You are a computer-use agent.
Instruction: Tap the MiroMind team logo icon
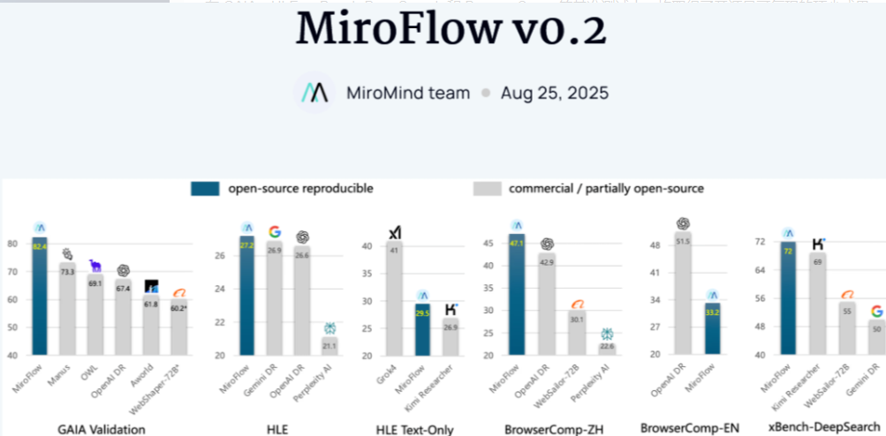click(x=314, y=93)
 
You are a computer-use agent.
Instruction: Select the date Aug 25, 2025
click(x=555, y=93)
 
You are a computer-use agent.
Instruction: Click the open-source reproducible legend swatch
click(x=206, y=188)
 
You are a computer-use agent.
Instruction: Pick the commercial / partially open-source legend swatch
click(x=488, y=188)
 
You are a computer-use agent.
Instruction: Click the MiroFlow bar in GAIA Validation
click(x=40, y=296)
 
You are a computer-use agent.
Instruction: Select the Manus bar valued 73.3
click(x=67, y=308)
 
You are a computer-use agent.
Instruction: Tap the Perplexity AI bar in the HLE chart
click(x=329, y=345)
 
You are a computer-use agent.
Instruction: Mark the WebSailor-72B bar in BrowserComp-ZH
click(x=576, y=332)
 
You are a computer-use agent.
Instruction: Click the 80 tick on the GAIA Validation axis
click(x=12, y=244)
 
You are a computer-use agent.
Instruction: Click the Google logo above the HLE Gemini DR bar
click(x=275, y=232)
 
